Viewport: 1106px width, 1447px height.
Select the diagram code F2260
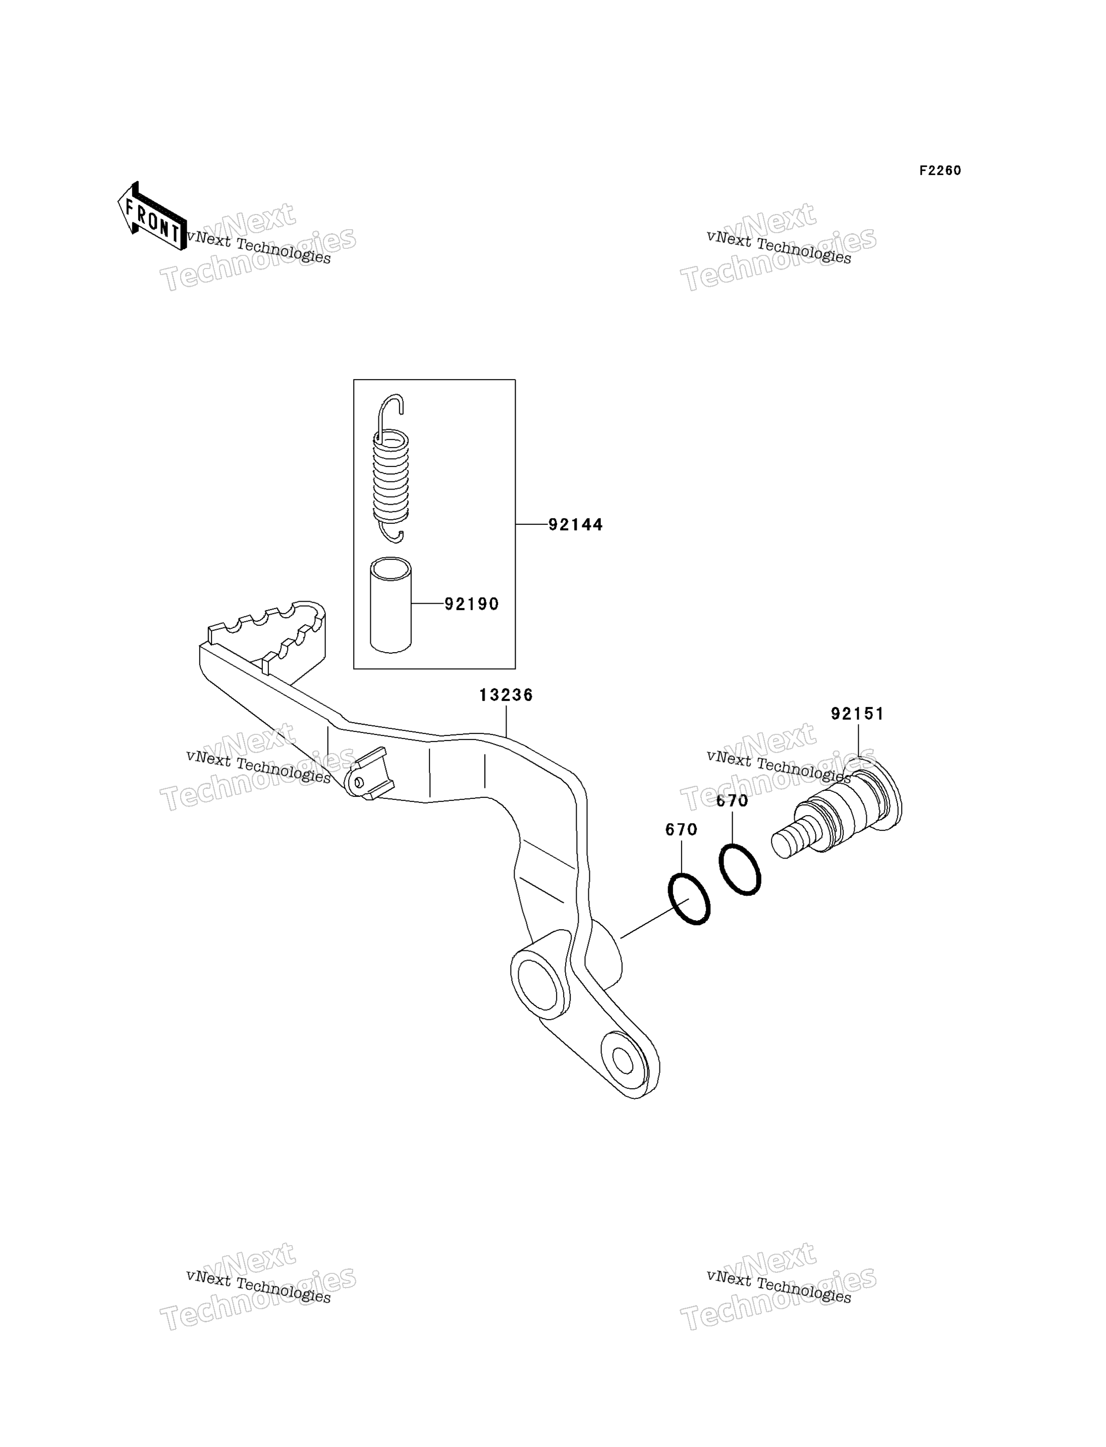[940, 171]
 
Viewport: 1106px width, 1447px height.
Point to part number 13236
[506, 695]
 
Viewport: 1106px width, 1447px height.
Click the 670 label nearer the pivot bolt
[732, 801]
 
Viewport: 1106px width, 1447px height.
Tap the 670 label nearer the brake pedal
[681, 829]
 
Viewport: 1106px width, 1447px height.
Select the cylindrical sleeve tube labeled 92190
[391, 605]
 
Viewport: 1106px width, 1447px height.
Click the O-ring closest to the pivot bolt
[740, 870]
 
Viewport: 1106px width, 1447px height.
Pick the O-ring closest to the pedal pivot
[689, 898]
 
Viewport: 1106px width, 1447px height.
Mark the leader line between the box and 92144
[532, 524]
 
